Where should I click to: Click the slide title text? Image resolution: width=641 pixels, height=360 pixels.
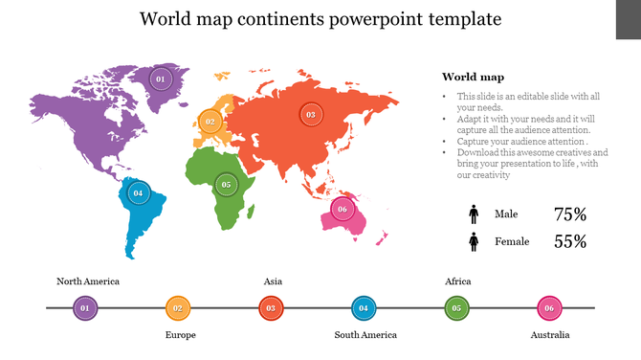point(320,19)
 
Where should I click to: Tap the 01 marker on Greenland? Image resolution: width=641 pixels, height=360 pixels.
point(160,79)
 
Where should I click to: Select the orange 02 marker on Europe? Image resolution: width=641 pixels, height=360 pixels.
point(210,122)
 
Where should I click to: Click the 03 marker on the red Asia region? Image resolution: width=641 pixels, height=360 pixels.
point(310,114)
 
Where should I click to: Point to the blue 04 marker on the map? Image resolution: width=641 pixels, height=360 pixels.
point(138,192)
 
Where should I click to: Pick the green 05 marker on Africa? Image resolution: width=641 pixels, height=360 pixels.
point(226,185)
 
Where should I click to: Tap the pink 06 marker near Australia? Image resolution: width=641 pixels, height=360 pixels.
point(343,209)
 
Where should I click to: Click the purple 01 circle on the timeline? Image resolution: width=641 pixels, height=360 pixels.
point(85,308)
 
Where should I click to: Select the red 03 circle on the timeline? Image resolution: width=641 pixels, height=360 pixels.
point(271,308)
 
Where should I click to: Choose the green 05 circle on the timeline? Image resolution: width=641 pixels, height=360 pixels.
point(456,308)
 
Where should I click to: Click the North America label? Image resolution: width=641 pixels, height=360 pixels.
point(88,281)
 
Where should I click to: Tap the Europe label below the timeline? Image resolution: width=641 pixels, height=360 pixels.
point(180,335)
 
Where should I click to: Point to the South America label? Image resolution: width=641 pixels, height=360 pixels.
point(365,335)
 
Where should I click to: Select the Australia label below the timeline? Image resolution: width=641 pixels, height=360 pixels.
point(550,335)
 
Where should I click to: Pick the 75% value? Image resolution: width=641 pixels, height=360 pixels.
point(570,214)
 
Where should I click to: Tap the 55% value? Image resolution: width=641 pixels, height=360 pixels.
point(570,242)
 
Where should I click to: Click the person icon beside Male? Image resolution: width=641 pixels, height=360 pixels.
point(474,214)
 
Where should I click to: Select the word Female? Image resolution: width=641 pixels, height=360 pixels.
point(512,242)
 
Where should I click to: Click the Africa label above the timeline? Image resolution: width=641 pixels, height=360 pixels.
point(458,281)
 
